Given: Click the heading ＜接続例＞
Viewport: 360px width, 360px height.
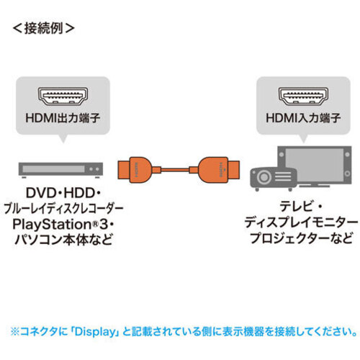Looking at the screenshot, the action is [43, 28].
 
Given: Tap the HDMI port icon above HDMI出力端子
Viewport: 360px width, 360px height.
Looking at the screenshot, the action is [63, 96].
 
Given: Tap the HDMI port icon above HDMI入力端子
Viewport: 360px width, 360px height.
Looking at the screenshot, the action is [303, 96].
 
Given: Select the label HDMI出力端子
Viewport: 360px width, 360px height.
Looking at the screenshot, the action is [63, 118].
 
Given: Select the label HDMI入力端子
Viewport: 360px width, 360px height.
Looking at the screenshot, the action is [303, 118].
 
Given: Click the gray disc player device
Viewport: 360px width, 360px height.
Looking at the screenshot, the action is [60, 170].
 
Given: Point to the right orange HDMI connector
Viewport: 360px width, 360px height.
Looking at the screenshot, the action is [219, 170].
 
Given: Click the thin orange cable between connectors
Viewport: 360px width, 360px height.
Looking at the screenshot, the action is [175, 170].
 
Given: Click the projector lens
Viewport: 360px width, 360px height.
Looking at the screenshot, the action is [264, 178].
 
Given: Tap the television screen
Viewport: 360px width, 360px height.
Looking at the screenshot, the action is [315, 163].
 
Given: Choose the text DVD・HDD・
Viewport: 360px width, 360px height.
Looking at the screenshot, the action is [63, 193].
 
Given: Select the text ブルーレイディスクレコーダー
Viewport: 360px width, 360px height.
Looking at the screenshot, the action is [63, 209].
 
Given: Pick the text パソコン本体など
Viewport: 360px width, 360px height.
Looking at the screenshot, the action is [63, 240].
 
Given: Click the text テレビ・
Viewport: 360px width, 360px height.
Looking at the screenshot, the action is [301, 207].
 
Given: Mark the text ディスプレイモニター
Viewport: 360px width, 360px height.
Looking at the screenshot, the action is [301, 223].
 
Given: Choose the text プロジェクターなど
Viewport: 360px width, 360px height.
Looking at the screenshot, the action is [301, 238].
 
